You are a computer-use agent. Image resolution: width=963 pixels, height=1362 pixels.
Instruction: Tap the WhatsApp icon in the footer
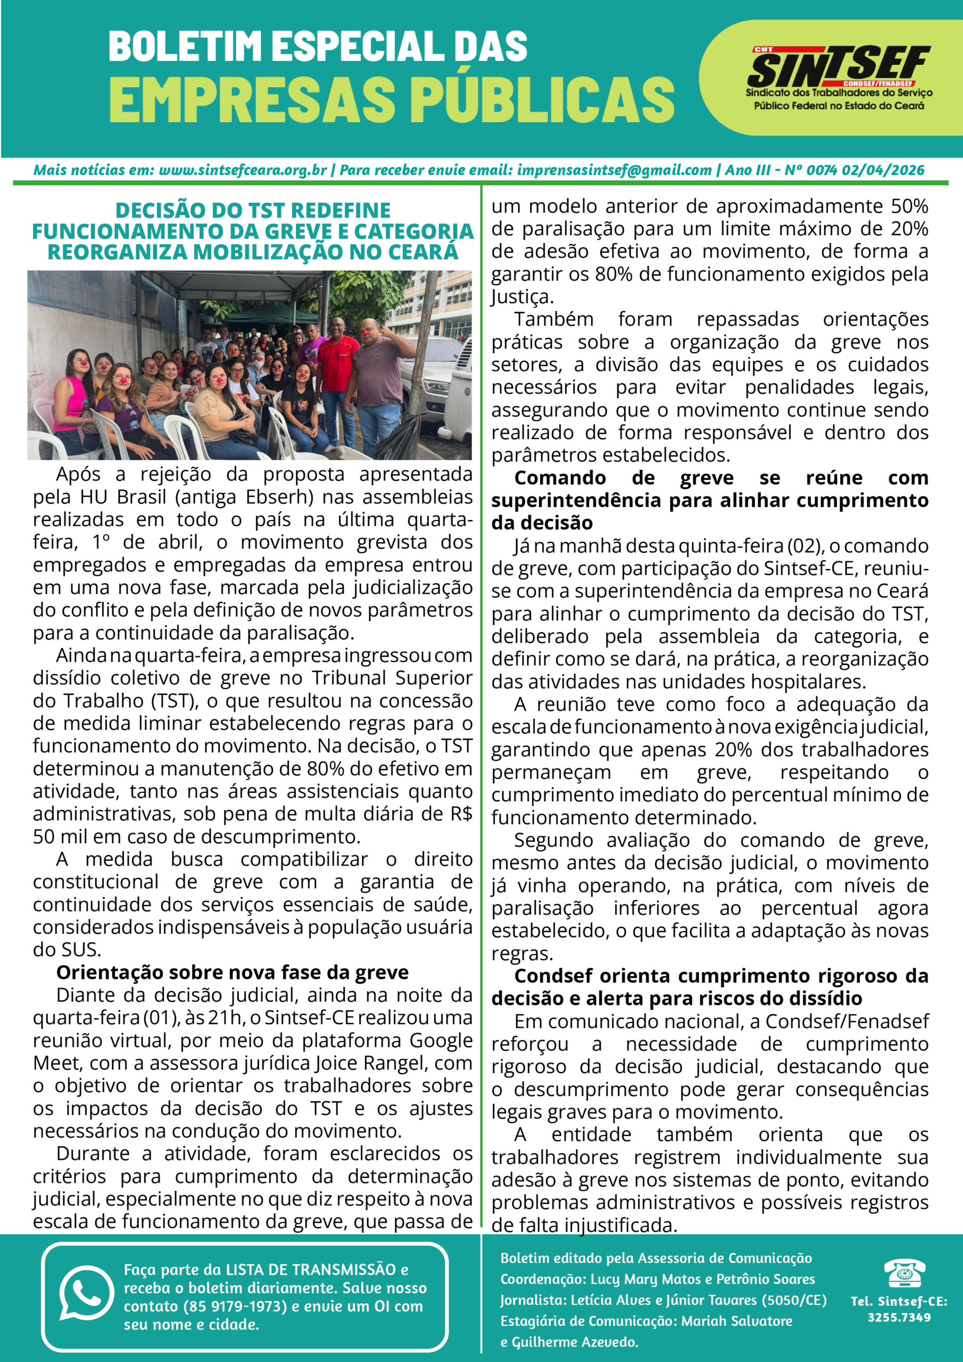[x=86, y=1294]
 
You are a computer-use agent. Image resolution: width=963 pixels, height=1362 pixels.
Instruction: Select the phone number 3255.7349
[x=899, y=1317]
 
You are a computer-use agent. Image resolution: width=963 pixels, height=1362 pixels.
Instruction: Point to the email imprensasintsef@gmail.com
[x=614, y=170]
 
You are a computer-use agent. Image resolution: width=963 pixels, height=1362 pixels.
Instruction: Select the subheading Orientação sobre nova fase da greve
[x=232, y=972]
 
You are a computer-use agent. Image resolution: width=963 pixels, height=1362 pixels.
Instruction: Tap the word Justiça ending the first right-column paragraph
[x=522, y=296]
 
